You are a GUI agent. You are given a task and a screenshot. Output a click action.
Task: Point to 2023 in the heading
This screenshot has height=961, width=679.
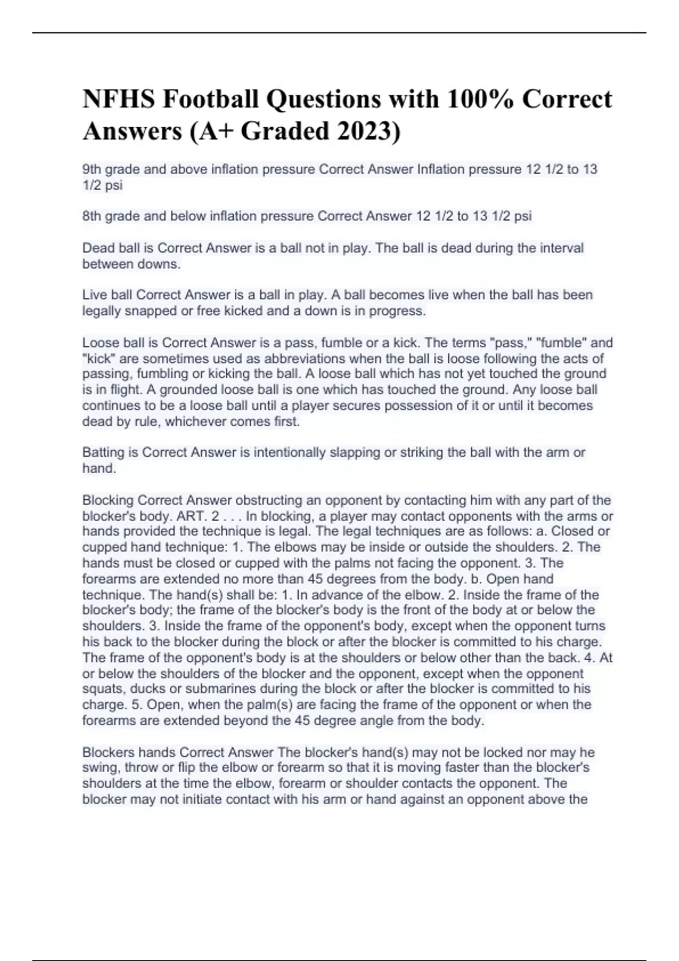tap(368, 132)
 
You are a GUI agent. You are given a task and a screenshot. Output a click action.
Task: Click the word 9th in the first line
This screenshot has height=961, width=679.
tap(92, 170)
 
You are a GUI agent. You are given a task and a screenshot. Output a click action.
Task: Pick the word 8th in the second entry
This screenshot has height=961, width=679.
tap(92, 217)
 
